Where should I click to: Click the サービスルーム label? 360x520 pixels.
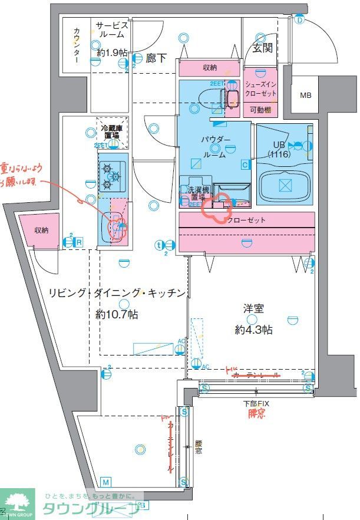pos(112,29)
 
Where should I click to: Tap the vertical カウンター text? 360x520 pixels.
pos(77,45)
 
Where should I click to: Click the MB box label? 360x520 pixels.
pos(306,96)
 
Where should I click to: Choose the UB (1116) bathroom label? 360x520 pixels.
pos(279,149)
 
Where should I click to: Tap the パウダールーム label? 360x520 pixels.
pos(216,145)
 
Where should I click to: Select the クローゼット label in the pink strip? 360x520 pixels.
pos(246,220)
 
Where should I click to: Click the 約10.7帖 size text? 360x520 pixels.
pos(117,315)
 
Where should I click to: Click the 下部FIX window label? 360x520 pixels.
pos(257,404)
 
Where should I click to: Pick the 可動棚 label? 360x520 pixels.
pos(259,110)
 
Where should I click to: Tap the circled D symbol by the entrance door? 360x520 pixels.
pos(299,20)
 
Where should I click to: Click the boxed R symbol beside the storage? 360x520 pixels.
pos(78,242)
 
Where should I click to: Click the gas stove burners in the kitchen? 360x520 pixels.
pos(111,176)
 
